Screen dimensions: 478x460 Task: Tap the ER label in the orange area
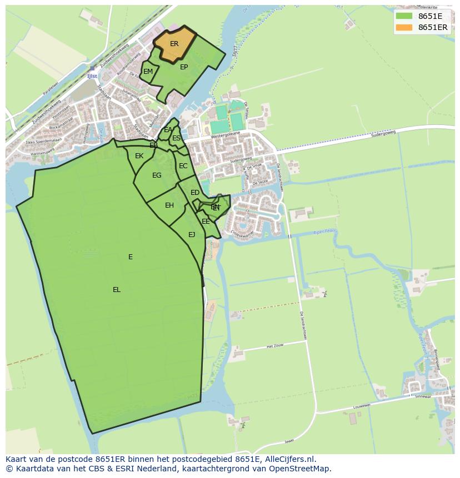[x=174, y=44]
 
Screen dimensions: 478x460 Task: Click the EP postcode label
[x=184, y=67]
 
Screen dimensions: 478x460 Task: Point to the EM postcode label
[x=148, y=72]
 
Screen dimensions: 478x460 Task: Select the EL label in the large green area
[x=117, y=290]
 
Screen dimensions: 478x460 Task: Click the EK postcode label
[x=139, y=156]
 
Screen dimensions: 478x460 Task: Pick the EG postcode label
[x=157, y=175]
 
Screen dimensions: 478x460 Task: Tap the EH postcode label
[x=169, y=205]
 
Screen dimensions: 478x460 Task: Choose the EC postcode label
[x=183, y=166]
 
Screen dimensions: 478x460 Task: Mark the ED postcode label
[x=194, y=193]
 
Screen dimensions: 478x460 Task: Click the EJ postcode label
[x=192, y=235]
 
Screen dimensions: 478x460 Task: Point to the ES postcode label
[x=176, y=138]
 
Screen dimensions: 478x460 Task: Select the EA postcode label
[x=168, y=130]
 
